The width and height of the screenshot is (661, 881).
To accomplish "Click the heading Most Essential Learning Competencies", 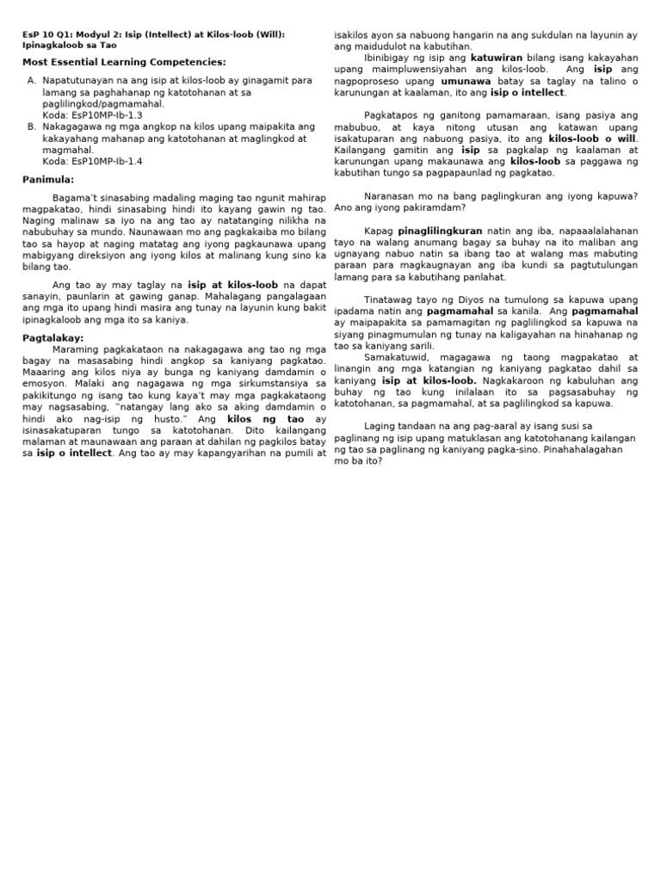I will tap(124, 62).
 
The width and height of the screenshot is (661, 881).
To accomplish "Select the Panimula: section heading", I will tap(48, 179).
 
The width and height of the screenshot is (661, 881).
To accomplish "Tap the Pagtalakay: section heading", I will tap(53, 338).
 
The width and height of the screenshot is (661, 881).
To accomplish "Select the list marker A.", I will tap(31, 80).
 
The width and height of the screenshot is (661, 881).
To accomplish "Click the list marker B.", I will tap(31, 126).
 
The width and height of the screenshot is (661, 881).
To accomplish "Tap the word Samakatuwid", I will tap(397, 356).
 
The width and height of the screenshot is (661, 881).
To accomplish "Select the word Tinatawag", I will tap(389, 299).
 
